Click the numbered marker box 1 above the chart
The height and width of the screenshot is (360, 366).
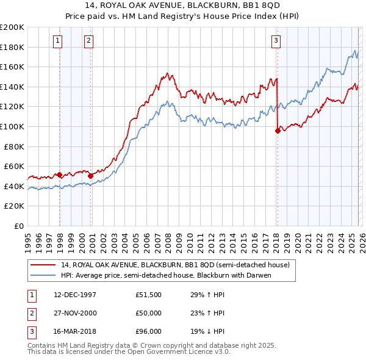point(57,41)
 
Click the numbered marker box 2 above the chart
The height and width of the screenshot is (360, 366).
point(89,41)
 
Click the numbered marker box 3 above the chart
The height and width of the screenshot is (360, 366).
point(276,41)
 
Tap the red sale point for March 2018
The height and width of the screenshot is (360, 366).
point(278,130)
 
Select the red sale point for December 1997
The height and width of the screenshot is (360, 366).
point(60,175)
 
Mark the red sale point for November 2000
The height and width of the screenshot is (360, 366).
point(91,176)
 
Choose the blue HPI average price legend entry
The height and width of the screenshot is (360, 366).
point(165,275)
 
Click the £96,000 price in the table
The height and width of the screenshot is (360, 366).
point(149,333)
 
